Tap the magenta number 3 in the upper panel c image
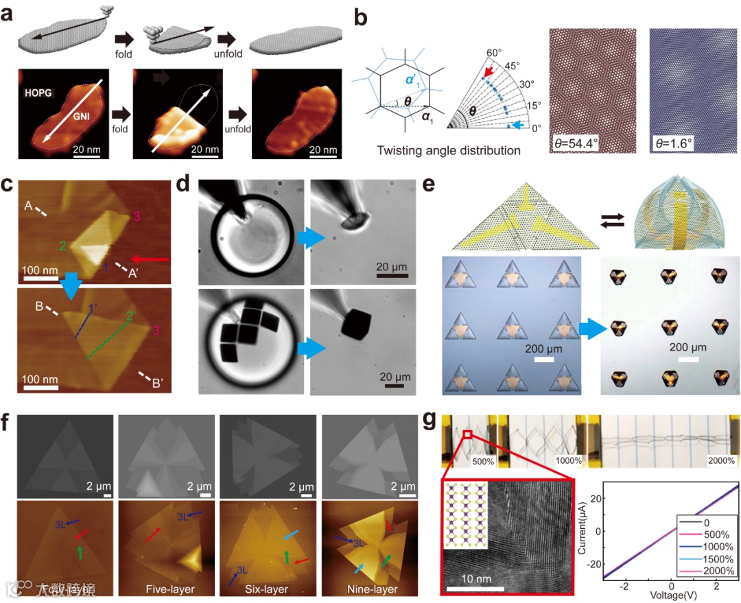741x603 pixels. (138, 217)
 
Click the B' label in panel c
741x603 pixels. (155, 382)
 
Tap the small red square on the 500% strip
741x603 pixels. (468, 434)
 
